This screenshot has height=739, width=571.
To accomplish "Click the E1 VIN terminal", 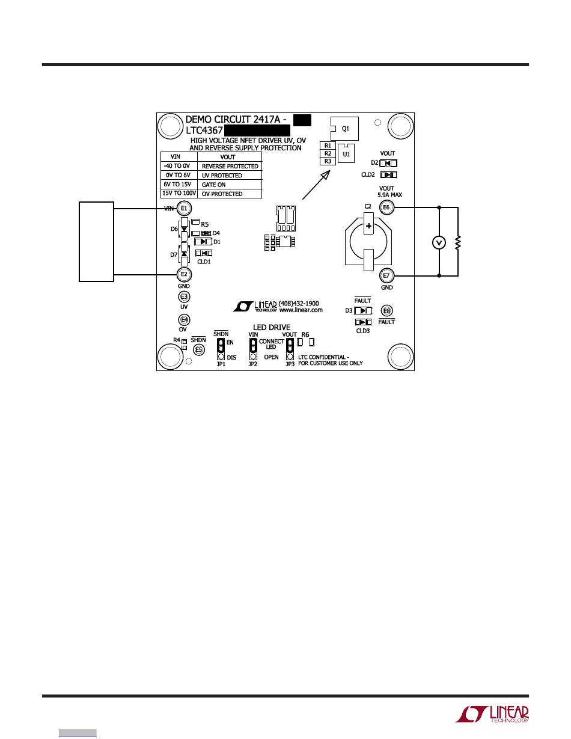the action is click(x=185, y=209).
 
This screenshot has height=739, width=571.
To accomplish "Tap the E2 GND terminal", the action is click(x=184, y=275).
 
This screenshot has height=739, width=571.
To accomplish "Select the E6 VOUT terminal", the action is click(x=386, y=207).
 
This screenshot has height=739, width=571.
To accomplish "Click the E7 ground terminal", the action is click(x=386, y=276).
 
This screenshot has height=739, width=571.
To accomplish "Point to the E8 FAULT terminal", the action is click(x=387, y=311).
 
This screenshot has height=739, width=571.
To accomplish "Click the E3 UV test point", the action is click(x=184, y=297).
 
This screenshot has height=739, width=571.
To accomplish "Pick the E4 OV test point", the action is click(x=184, y=319).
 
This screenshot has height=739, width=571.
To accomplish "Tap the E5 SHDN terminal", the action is click(x=199, y=349).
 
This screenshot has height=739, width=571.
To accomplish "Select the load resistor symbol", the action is click(x=458, y=242).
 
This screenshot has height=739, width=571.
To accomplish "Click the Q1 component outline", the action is click(x=345, y=128).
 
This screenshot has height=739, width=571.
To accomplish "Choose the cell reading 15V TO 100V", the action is click(x=177, y=194).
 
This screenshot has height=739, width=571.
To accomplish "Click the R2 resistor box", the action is click(x=328, y=153).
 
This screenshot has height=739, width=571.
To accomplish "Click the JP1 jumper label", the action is click(x=221, y=364).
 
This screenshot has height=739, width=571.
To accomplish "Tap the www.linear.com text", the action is click(x=301, y=310).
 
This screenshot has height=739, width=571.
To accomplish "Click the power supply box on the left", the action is click(x=97, y=242).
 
